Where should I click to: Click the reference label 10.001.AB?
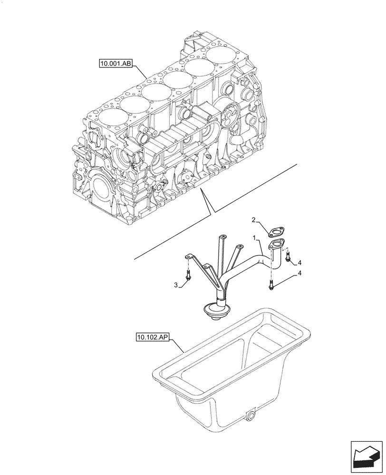116,64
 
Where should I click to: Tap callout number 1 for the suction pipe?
255,237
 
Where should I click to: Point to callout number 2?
254,220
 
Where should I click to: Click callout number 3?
176,285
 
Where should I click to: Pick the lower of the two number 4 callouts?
299,273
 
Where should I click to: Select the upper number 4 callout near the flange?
299,263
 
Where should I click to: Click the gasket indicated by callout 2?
275,232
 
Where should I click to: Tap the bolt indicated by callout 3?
189,275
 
